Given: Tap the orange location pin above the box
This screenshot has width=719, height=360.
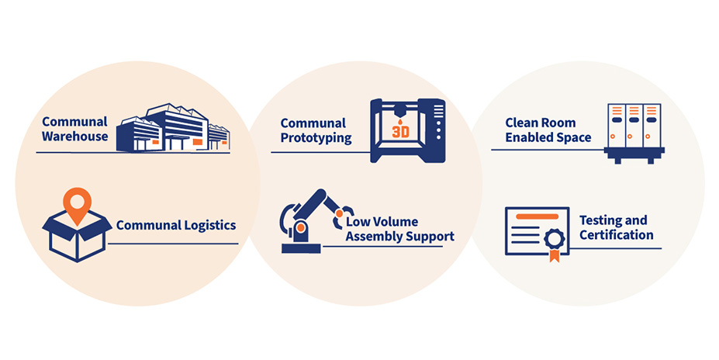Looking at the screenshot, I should pos(77,202).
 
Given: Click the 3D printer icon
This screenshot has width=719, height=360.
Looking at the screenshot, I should pos(407,130).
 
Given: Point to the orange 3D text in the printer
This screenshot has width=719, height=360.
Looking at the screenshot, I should pos(400,131).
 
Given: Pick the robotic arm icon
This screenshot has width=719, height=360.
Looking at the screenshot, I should pos(310,221).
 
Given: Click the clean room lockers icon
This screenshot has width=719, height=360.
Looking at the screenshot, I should pos(634,130).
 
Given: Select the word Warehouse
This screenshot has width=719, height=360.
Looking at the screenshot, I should pos(75,137).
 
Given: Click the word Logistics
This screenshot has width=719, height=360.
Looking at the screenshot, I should pos(206,226).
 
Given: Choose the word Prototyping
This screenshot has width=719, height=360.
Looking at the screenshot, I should pos(316,138).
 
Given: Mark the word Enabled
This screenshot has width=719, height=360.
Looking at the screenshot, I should pos(531,137).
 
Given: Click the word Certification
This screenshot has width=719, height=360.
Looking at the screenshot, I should pos(616,235).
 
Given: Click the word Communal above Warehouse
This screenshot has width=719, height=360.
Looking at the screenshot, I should pos(74,122).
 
